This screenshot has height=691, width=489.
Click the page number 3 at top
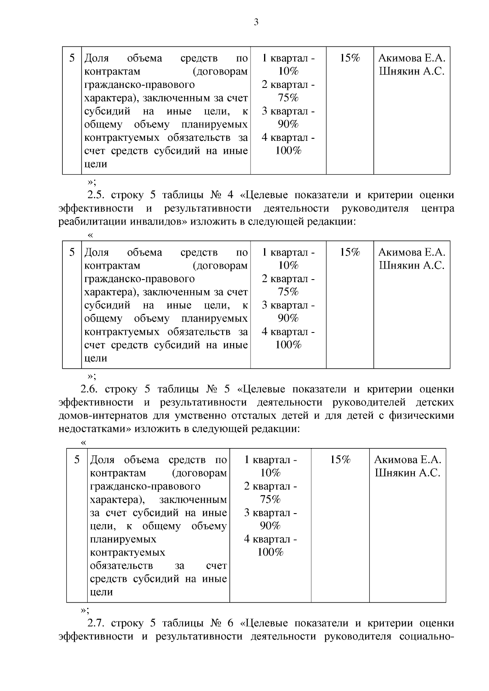click(x=256, y=22)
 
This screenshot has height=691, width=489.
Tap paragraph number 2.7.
click(x=97, y=623)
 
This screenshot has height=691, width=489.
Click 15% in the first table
click(x=350, y=58)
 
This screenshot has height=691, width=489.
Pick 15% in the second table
click(x=350, y=252)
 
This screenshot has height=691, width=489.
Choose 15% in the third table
click(x=340, y=460)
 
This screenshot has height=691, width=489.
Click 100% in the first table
click(x=288, y=151)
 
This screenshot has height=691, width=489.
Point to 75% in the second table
click(x=288, y=292)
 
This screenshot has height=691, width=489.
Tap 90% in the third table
click(x=270, y=526)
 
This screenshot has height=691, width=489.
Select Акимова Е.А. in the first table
click(x=412, y=58)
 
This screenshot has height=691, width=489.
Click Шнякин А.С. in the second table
click(x=412, y=266)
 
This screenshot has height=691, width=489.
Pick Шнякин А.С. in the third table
click(x=407, y=473)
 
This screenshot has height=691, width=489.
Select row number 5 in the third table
click(x=77, y=460)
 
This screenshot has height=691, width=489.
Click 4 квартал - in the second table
click(x=288, y=332)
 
